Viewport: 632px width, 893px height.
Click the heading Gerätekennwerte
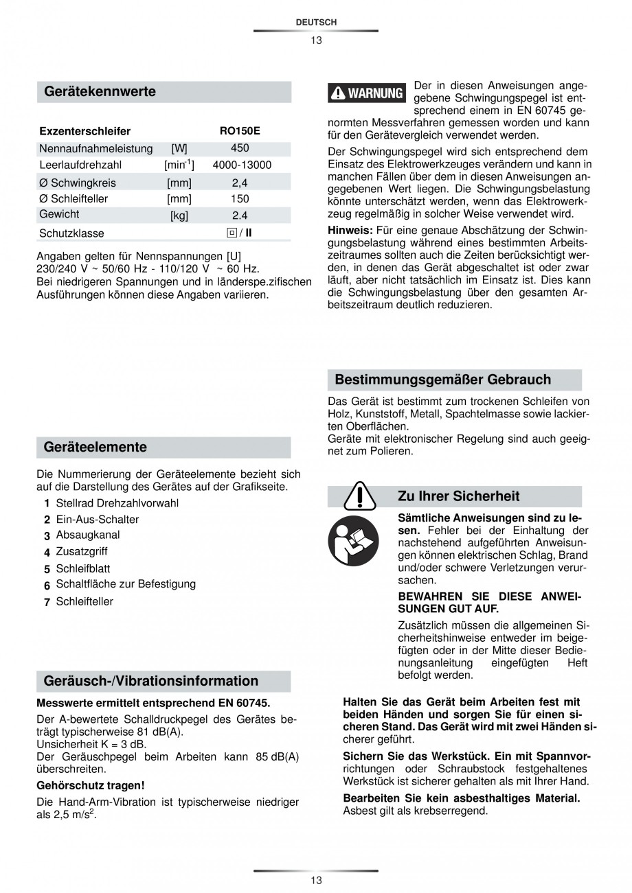tap(100, 91)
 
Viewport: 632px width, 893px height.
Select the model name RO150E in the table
tap(240, 131)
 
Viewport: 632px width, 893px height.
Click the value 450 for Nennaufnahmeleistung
tap(240, 148)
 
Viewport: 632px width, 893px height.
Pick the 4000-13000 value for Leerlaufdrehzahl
tap(242, 165)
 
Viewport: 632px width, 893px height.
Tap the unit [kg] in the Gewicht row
tap(179, 216)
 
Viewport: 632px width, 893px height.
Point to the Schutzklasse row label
tap(71, 233)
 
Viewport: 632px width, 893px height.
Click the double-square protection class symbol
tap(232, 233)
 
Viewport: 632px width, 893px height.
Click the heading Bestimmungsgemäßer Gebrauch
tap(442, 380)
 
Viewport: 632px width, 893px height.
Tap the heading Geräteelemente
tap(95, 447)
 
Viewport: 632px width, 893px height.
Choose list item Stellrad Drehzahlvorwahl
tap(117, 503)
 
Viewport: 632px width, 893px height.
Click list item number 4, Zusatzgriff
tap(81, 551)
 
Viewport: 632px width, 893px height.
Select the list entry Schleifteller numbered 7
tap(84, 601)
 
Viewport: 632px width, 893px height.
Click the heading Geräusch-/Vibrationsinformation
tap(151, 681)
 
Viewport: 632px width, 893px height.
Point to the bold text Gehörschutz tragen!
tap(90, 785)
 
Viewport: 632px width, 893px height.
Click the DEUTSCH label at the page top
tap(316, 23)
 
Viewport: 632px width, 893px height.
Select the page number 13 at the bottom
tap(316, 880)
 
